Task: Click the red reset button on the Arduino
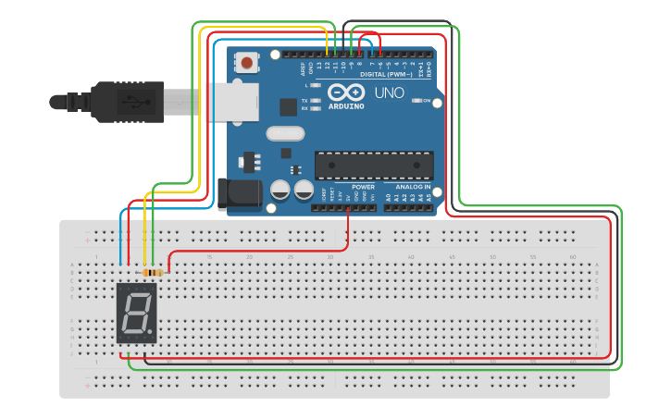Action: (247, 63)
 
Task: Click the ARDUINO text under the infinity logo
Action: (346, 105)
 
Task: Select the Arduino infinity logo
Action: (346, 92)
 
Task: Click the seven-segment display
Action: (137, 314)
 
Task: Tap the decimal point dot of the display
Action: (151, 334)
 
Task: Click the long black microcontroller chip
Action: (374, 165)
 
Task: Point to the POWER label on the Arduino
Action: (363, 186)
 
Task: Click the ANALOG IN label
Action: (408, 186)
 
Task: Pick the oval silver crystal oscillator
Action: (285, 133)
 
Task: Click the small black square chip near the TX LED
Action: (288, 106)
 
